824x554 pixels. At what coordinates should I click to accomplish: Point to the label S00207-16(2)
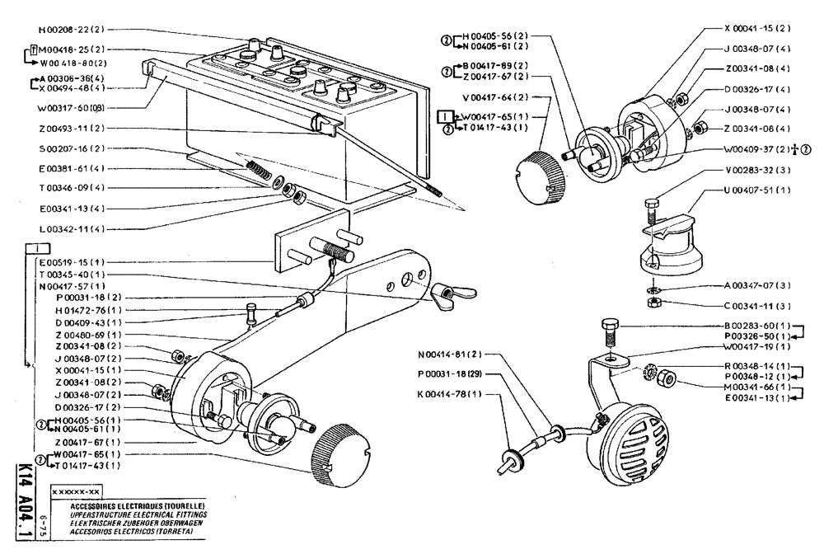tap(69, 148)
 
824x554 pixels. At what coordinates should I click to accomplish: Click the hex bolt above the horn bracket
tap(611, 331)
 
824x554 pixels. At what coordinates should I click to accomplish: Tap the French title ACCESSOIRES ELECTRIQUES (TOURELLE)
tap(128, 505)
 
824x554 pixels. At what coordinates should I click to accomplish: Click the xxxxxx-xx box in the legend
tap(76, 490)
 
